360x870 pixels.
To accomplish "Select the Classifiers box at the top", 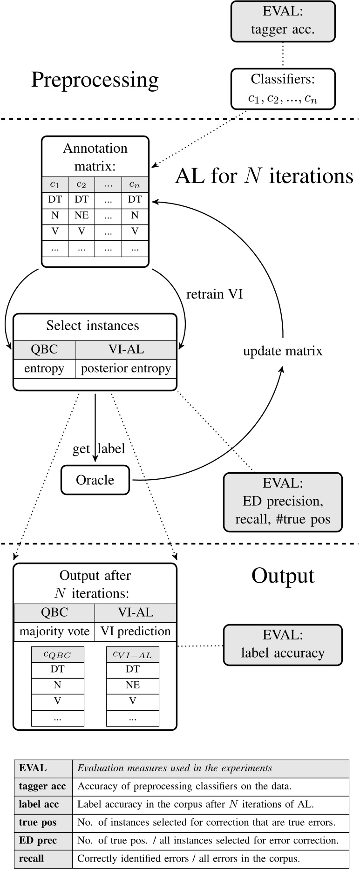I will [x=283, y=89].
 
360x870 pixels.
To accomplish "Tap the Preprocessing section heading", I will [x=95, y=80].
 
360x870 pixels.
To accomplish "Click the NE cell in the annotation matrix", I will [x=82, y=216].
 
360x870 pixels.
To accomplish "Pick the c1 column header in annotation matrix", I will [x=55, y=184].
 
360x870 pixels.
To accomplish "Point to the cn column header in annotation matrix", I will [x=135, y=184].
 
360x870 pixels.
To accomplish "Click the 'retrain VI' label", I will [x=214, y=294].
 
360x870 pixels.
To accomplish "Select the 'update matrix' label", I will [x=283, y=351].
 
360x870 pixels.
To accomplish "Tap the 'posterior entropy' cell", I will [x=126, y=368].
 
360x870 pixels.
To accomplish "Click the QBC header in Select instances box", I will [x=44, y=350].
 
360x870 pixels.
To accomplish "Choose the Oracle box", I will [x=95, y=480].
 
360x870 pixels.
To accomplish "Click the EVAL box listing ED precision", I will [x=283, y=502].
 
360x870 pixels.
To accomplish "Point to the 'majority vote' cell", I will [x=54, y=631].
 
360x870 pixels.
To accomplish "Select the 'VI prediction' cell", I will [x=136, y=631].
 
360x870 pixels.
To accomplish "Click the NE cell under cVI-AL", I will [x=133, y=685].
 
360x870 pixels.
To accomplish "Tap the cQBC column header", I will [x=58, y=654].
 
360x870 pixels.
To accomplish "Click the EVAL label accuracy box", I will [x=283, y=644].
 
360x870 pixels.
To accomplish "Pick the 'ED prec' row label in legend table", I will [x=38, y=841].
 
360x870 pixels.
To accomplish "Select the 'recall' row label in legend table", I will [x=32, y=858].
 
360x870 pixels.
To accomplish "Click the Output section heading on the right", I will [x=283, y=576].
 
